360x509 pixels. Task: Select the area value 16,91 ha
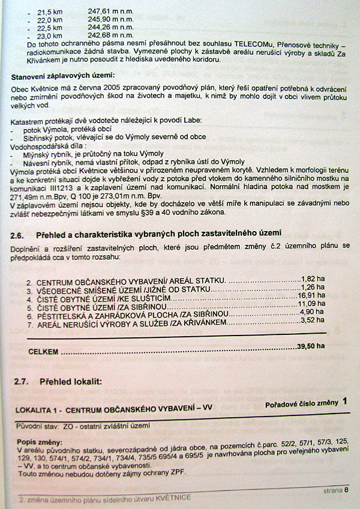pyautogui.click(x=311, y=297)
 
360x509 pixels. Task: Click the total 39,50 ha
pyautogui.click(x=311, y=346)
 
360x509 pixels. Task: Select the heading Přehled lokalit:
pyautogui.click(x=71, y=381)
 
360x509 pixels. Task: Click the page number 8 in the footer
pyautogui.click(x=346, y=490)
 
